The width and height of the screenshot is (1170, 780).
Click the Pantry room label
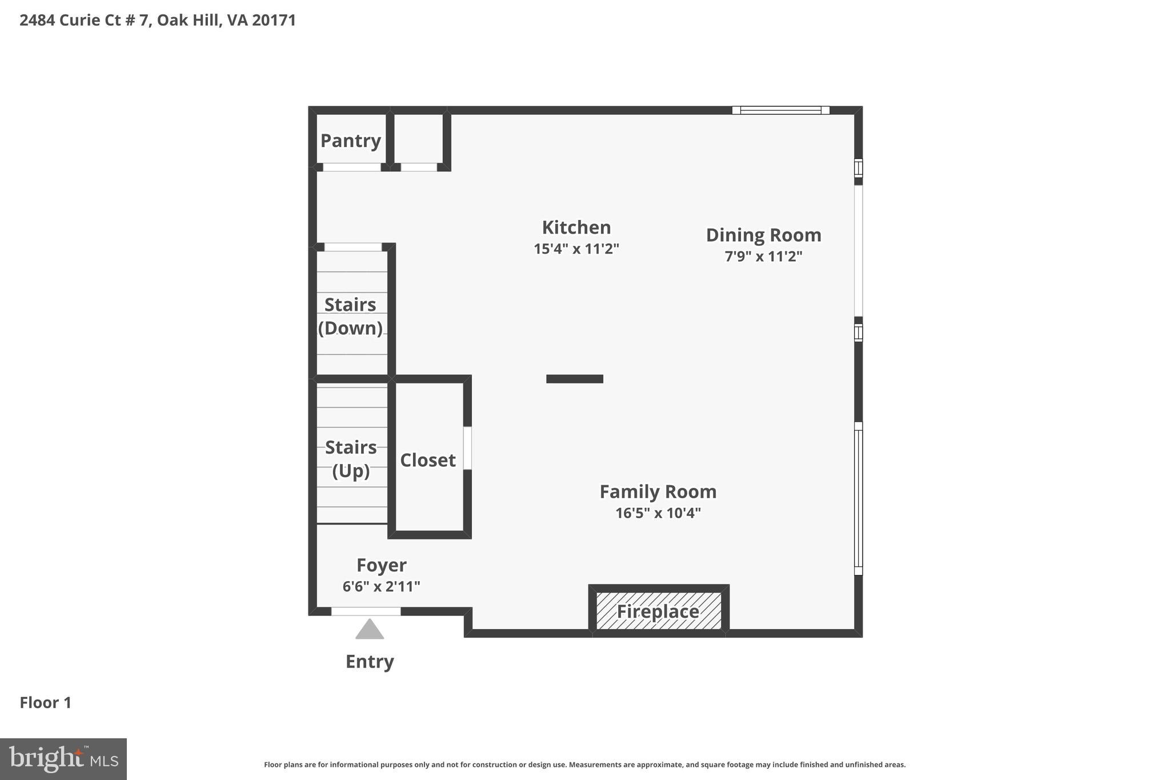(x=350, y=141)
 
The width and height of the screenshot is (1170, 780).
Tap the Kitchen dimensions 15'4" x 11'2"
(x=576, y=249)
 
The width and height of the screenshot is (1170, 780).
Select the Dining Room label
(x=763, y=235)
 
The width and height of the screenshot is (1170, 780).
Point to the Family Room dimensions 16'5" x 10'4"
(x=658, y=513)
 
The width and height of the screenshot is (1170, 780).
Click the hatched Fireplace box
(x=658, y=611)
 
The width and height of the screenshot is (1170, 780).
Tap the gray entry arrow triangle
(x=369, y=630)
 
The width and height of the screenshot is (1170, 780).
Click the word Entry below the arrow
(x=370, y=662)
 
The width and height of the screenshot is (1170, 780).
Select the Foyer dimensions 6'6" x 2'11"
(x=381, y=586)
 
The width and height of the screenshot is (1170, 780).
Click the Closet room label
(x=427, y=460)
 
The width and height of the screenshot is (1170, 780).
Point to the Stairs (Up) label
(x=351, y=459)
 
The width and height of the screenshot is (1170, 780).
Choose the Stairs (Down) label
(x=350, y=316)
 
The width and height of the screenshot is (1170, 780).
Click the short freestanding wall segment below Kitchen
(x=574, y=379)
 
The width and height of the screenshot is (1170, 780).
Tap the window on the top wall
(x=780, y=110)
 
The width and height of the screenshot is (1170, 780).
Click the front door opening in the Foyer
(x=366, y=611)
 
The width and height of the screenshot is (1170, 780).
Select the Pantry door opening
(x=352, y=167)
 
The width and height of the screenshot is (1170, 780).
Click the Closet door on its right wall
(x=467, y=448)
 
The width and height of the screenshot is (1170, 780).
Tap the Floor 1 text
(x=46, y=703)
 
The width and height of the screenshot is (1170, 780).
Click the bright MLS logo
(x=63, y=759)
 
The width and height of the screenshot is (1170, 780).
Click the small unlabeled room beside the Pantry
(x=418, y=139)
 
